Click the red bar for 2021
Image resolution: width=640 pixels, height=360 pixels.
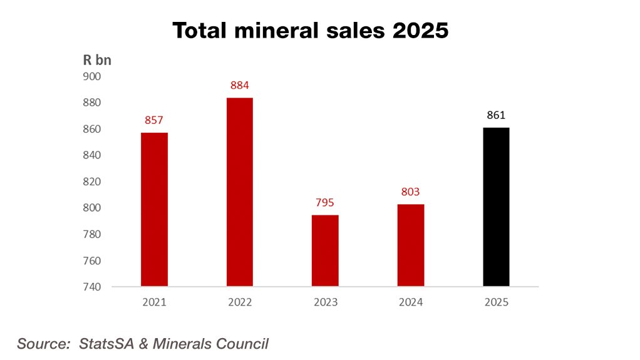[154, 210]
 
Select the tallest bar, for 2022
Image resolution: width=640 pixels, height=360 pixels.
[240, 192]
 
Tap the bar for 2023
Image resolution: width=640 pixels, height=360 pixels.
[326, 251]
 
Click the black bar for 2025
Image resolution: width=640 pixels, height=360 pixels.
[497, 207]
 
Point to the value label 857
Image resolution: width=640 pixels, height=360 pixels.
[154, 120]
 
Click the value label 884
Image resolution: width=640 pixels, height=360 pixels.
[240, 85]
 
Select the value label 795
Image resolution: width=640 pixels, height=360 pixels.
[326, 202]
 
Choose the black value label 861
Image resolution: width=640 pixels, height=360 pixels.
[497, 115]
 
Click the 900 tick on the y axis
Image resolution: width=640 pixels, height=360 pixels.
[92, 76]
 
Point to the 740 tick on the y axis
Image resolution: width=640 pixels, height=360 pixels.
[92, 287]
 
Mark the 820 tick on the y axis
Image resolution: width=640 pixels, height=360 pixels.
[92, 182]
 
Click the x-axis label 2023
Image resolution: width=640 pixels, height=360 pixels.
[326, 302]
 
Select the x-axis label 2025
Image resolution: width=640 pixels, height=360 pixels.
[497, 302]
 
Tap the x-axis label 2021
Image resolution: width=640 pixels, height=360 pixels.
[154, 302]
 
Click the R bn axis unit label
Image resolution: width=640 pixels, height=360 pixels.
[97, 61]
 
